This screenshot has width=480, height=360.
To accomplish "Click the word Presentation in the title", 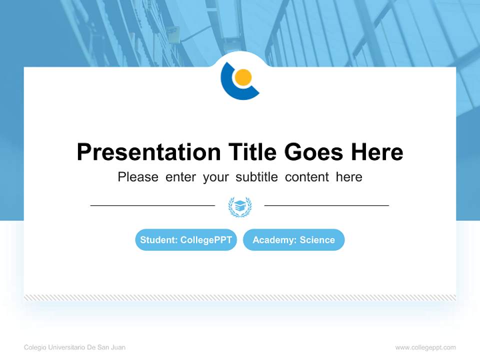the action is [149, 152].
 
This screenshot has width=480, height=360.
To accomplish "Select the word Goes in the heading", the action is [314, 152].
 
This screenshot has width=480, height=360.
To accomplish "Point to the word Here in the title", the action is [377, 152].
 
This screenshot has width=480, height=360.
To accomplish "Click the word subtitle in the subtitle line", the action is [256, 177].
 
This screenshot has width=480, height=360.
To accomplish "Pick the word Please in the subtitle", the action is [138, 177].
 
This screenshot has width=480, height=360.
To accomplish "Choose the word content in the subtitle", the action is [306, 177].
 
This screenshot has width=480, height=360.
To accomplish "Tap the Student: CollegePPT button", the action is [186, 239].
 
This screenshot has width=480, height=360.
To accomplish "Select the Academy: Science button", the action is [294, 239].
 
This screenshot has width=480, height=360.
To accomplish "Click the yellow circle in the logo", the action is [243, 77].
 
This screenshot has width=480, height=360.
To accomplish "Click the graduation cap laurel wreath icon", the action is [240, 207].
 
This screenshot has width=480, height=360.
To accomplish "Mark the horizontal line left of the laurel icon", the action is [152, 205].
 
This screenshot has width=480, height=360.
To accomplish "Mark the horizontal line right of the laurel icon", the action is [326, 205].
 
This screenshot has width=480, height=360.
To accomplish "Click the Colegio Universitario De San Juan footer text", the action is [74, 347].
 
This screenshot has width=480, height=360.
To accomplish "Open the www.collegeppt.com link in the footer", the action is [425, 347].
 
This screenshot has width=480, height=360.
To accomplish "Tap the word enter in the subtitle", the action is [180, 177].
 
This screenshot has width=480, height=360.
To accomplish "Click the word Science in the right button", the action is [317, 239].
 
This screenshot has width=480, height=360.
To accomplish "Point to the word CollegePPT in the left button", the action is [206, 240].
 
